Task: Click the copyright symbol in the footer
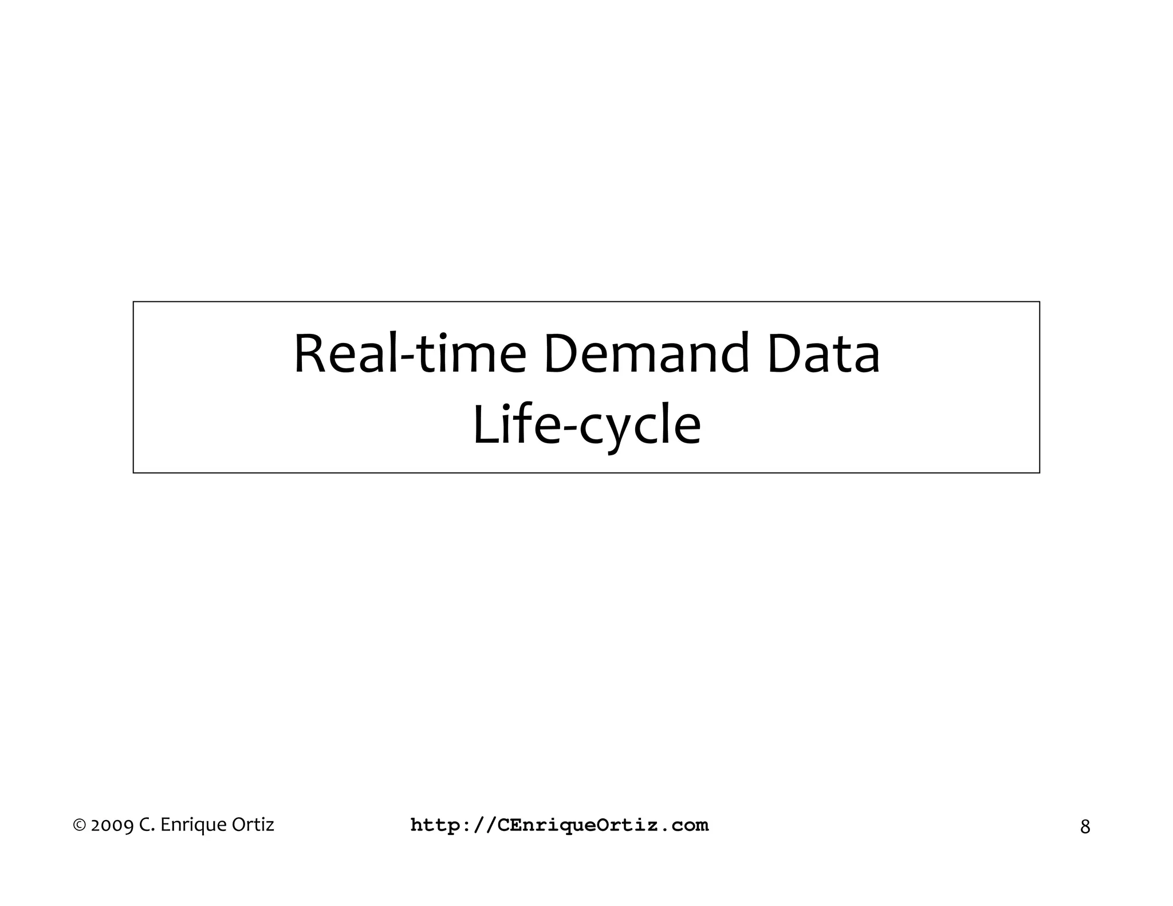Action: [80, 825]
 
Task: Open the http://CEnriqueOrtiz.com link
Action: [560, 825]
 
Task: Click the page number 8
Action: [1085, 826]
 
